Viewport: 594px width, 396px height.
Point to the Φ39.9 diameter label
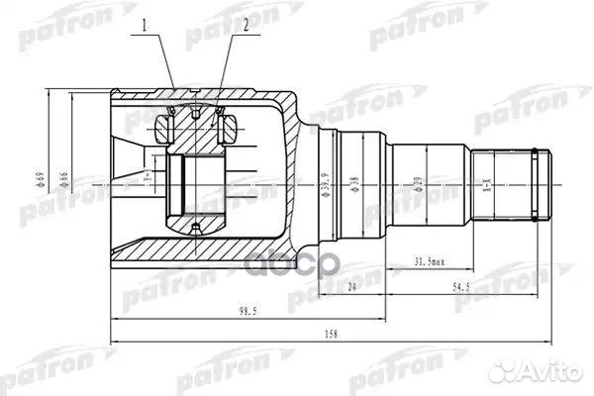(x=326, y=183)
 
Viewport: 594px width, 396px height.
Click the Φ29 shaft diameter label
(x=418, y=183)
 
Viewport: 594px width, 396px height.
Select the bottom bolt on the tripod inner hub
(x=195, y=229)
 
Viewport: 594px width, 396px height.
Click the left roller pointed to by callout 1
(x=166, y=125)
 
